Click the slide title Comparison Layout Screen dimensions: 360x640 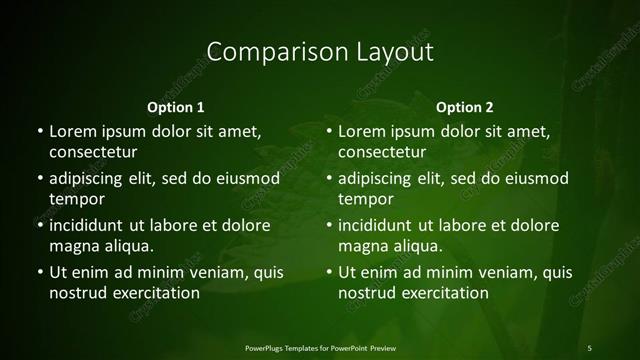[x=319, y=51]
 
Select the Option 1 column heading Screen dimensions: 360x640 [x=176, y=107]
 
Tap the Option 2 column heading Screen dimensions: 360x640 [x=465, y=107]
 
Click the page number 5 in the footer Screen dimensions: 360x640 [x=589, y=347]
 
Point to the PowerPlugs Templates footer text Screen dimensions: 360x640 [x=320, y=347]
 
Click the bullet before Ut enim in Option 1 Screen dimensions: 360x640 [x=39, y=272]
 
